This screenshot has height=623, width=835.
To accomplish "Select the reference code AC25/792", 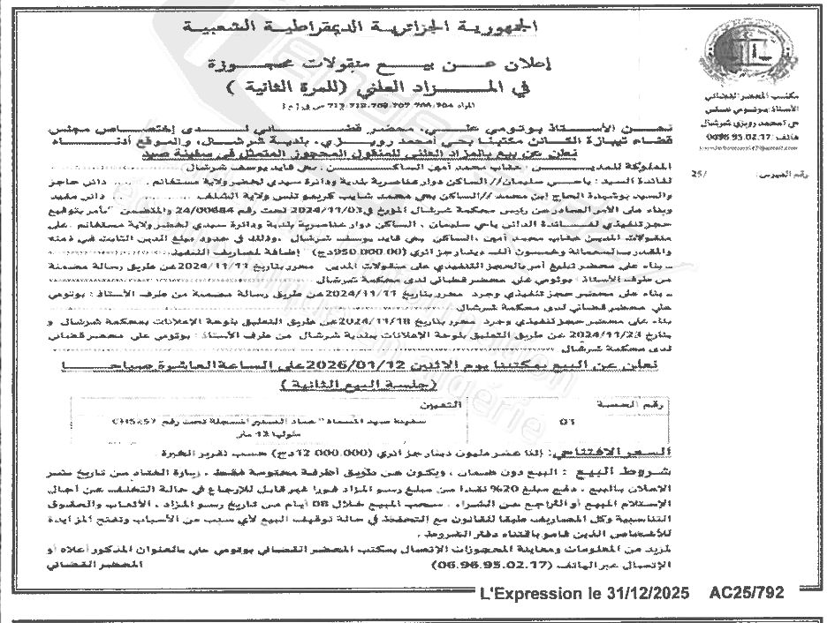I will [748, 593].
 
